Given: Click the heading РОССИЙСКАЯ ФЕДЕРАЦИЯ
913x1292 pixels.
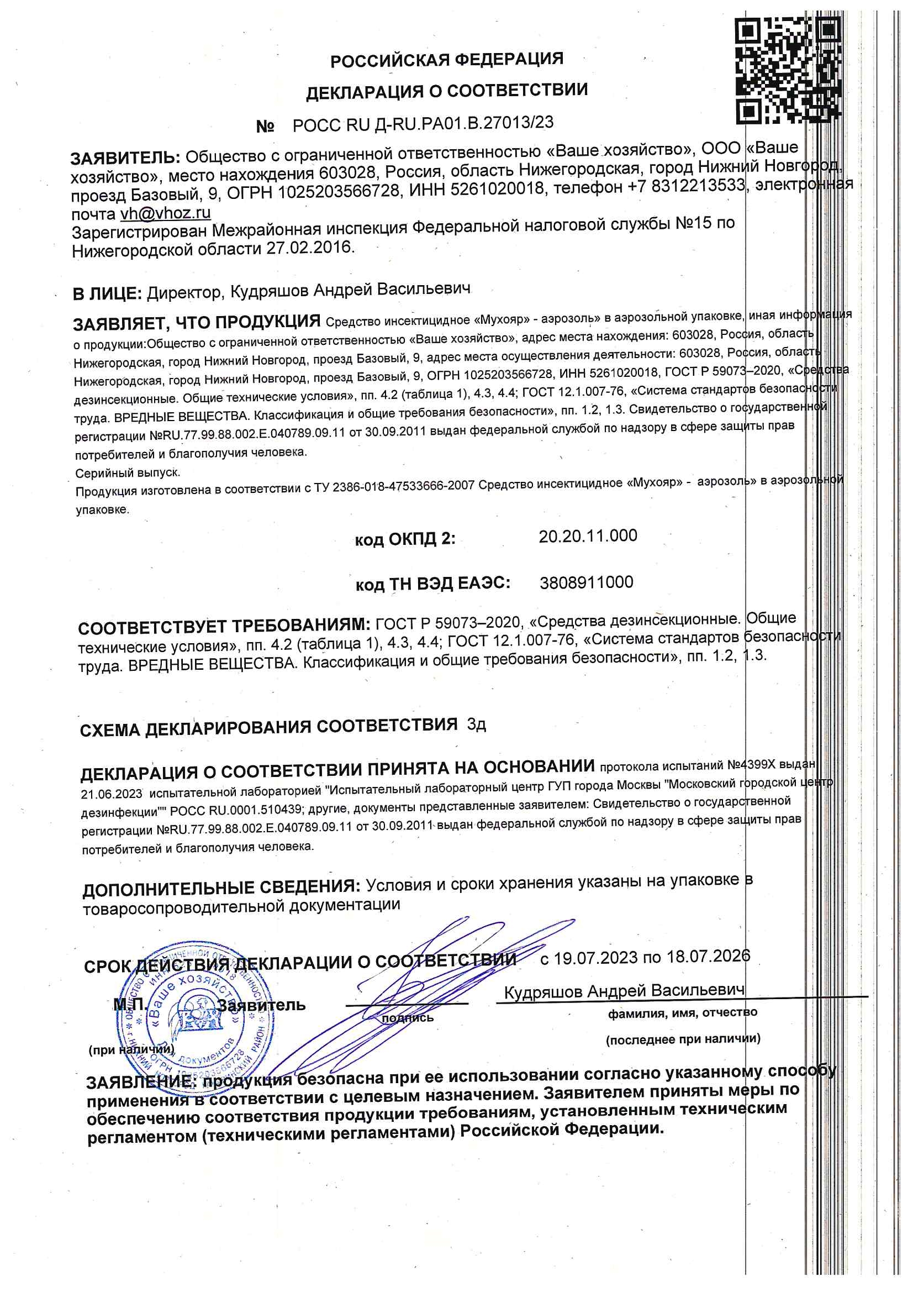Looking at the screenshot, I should point(447,59).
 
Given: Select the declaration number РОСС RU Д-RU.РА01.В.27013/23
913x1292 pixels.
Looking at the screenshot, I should point(423,124).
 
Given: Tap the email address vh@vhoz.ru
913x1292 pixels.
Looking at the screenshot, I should point(165,213).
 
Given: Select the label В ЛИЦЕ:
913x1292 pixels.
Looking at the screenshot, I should point(107,293).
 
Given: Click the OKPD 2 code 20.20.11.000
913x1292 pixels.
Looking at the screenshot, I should point(588,535).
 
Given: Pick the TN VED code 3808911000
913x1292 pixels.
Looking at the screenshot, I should point(586,582).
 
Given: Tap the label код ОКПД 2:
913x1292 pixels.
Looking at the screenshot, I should point(405,539).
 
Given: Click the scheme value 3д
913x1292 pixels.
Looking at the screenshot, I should point(476,725).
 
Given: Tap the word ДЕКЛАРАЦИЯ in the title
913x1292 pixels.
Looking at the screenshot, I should point(365,92).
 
